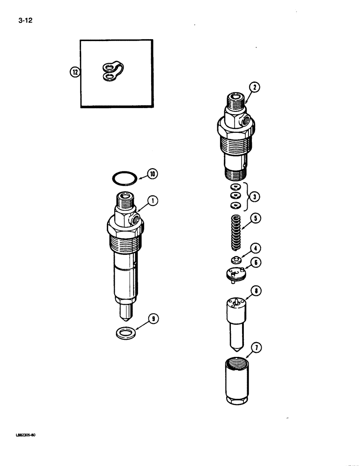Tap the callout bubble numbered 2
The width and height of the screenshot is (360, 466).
253,86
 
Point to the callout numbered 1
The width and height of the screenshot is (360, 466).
152,201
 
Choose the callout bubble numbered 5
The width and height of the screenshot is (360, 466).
255,218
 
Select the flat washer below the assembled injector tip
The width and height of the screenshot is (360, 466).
124,333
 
